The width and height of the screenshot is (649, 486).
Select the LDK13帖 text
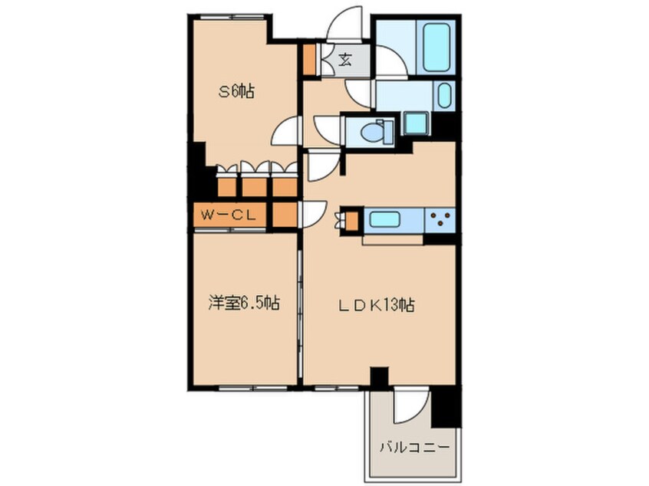377,305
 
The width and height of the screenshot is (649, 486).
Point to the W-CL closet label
228,215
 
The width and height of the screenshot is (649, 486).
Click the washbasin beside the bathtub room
444,97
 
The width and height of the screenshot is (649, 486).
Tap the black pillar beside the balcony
444,406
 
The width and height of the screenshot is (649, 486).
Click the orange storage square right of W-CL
284,215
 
